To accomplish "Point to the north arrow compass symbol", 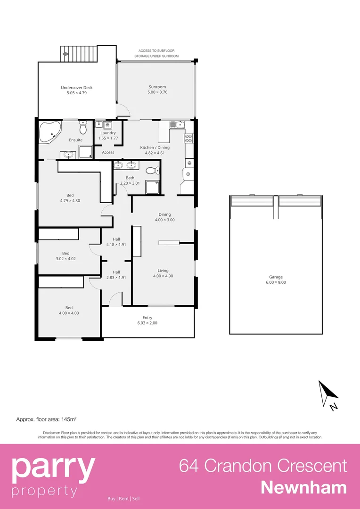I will click(328, 395).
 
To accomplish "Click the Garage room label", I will click(276, 277).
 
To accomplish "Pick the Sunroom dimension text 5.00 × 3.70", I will click(157, 92).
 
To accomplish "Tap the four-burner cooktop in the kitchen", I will click(188, 138).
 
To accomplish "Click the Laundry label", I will click(108, 133).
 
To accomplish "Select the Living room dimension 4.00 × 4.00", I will click(163, 276).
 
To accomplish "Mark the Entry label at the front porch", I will click(147, 318).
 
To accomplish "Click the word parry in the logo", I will click(53, 467).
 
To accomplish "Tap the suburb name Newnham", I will click(304, 487).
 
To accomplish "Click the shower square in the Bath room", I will click(152, 188).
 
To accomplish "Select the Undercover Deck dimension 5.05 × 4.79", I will click(76, 93).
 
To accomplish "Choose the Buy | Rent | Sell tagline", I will click(123, 499).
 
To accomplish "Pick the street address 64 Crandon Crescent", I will click(263, 466).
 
